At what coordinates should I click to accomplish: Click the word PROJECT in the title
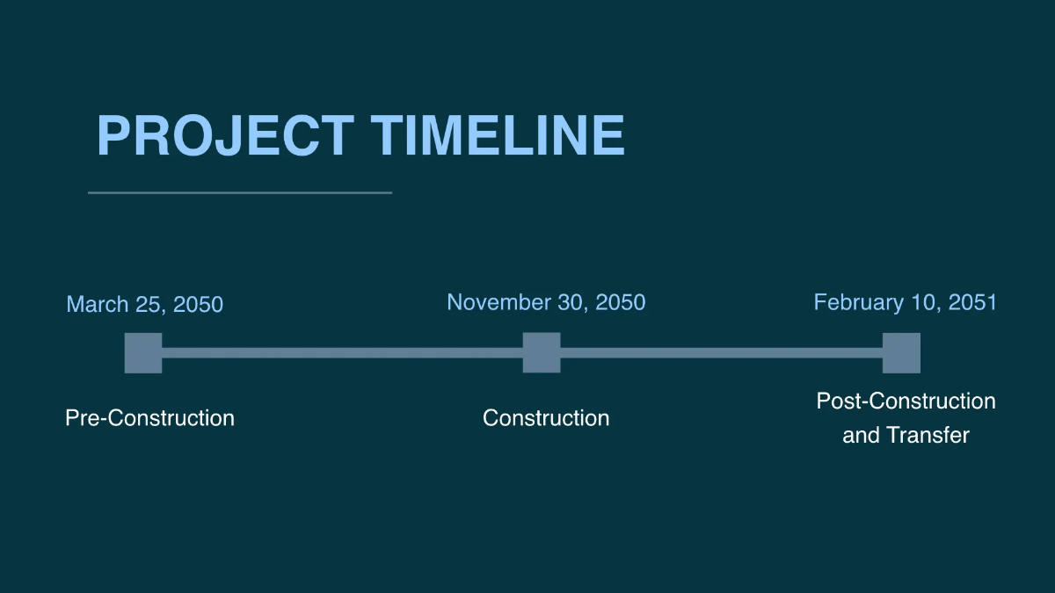226,135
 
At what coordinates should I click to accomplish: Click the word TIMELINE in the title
498,135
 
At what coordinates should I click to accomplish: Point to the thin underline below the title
240,192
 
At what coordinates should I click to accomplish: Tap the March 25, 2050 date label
144,304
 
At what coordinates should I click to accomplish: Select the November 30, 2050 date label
546,302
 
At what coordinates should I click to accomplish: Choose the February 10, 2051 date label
906,302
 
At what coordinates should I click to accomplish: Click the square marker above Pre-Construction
143,353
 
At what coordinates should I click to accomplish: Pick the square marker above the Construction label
542,353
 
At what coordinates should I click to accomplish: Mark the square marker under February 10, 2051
901,353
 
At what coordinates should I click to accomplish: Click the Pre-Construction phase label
149,418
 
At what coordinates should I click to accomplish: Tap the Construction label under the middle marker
546,418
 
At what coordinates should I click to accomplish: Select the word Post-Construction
906,401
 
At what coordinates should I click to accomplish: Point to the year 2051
972,302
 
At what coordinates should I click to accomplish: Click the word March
97,304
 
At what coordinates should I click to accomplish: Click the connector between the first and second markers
342,353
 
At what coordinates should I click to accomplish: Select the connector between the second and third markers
722,353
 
